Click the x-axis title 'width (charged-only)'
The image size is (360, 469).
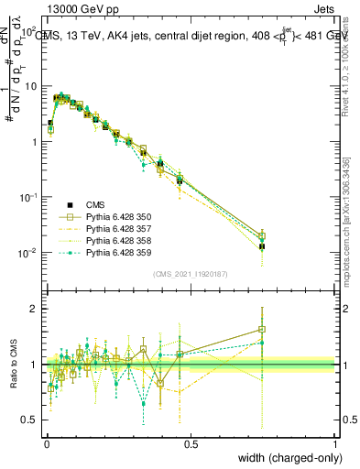[x=283, y=456]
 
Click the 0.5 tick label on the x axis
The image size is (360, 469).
[x=191, y=443]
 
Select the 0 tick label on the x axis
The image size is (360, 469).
[x=47, y=443]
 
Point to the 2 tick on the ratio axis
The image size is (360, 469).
[x=36, y=309]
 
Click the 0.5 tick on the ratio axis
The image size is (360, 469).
[x=32, y=420]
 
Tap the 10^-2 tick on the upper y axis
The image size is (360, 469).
[x=28, y=252]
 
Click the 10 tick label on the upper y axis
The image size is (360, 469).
[x=31, y=85]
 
